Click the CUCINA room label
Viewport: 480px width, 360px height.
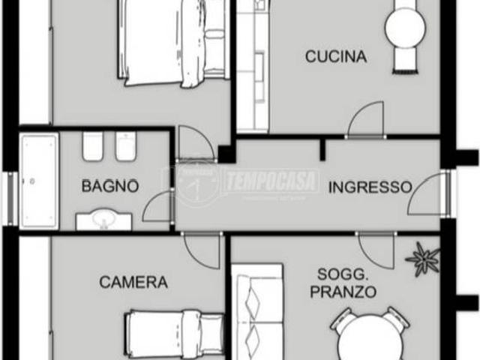[335, 56]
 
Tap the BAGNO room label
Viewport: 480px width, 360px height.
[110, 185]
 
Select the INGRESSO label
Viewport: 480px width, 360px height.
[370, 187]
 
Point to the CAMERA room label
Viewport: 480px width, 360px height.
[133, 283]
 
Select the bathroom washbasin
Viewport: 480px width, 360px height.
[103, 220]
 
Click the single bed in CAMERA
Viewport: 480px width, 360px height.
[174, 331]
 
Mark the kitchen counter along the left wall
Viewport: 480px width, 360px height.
[252, 67]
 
